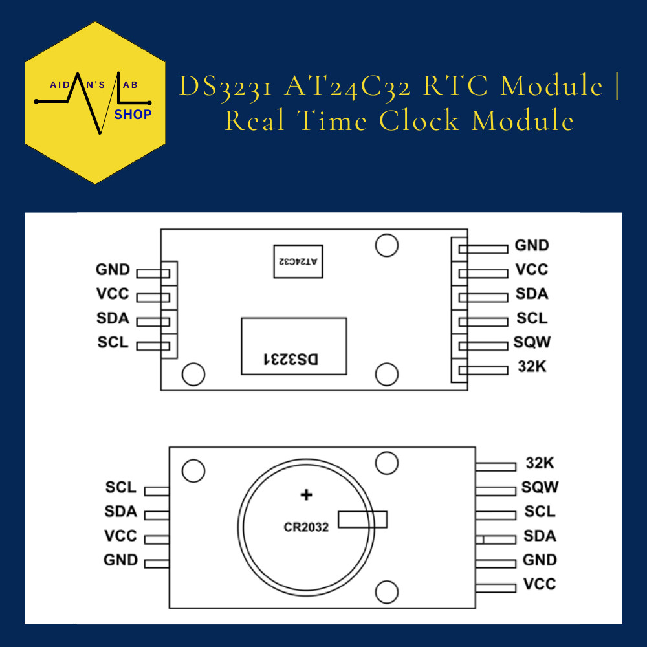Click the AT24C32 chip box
[x=298, y=261]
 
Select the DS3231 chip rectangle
[x=294, y=345]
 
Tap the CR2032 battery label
[x=306, y=527]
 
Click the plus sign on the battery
[x=306, y=496]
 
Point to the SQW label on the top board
[x=532, y=342]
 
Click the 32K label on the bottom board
[x=540, y=463]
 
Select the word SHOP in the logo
[x=133, y=115]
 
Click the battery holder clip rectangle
[x=362, y=519]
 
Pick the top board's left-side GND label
[x=113, y=270]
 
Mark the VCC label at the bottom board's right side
[x=540, y=584]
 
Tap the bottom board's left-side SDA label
[x=121, y=512]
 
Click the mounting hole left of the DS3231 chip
[x=192, y=374]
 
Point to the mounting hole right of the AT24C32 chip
[x=387, y=245]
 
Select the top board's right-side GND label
[x=532, y=246]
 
